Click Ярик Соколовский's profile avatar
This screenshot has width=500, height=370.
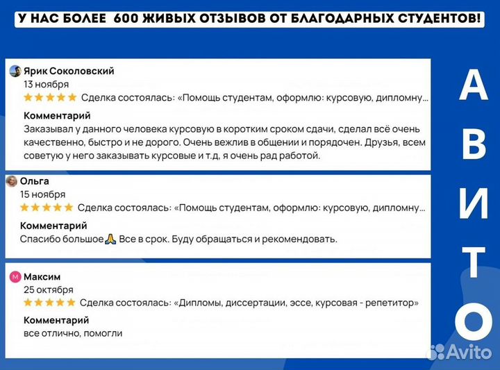pos(15,71)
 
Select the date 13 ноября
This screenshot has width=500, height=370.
pos(47,84)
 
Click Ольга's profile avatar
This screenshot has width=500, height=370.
pos(12,181)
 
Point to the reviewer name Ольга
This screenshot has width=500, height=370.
pos(35,181)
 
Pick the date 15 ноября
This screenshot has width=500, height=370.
pos(43,194)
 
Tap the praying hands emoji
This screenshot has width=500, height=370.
pos(110,239)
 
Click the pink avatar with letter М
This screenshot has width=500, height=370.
pos(15,276)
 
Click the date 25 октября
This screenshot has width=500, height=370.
pos(48,289)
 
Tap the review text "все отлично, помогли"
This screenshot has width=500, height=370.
pos(73,333)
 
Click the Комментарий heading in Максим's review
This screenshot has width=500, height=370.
pos(57,320)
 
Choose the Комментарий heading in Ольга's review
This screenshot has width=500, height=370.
pos(53,226)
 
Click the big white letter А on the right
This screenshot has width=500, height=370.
pos(474,87)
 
